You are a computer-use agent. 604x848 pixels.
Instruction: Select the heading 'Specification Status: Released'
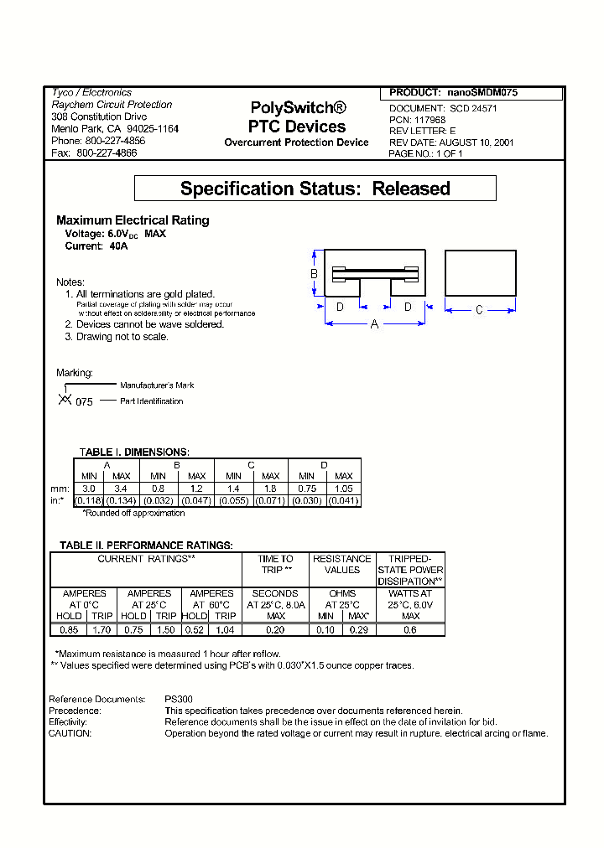315,189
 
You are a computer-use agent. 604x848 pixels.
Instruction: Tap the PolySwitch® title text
298,108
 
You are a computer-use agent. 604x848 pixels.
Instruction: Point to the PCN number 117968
429,120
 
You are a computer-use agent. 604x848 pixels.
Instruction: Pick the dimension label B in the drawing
314,274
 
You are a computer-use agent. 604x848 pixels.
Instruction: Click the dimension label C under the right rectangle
479,310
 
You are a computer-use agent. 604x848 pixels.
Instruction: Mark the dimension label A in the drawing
374,323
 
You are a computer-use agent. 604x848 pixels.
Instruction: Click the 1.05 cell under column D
343,488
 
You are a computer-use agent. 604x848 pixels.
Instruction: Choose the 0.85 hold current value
69,628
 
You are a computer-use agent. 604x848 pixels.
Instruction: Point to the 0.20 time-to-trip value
275,628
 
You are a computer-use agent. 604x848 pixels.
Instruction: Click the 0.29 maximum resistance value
359,628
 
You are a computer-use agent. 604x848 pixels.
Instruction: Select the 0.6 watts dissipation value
410,628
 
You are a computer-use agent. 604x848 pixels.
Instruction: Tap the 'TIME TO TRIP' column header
275,564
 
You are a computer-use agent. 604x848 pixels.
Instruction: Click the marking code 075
84,401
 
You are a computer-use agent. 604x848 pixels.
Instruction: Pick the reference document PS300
178,699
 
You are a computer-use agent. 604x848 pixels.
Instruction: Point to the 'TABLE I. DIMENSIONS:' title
134,452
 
